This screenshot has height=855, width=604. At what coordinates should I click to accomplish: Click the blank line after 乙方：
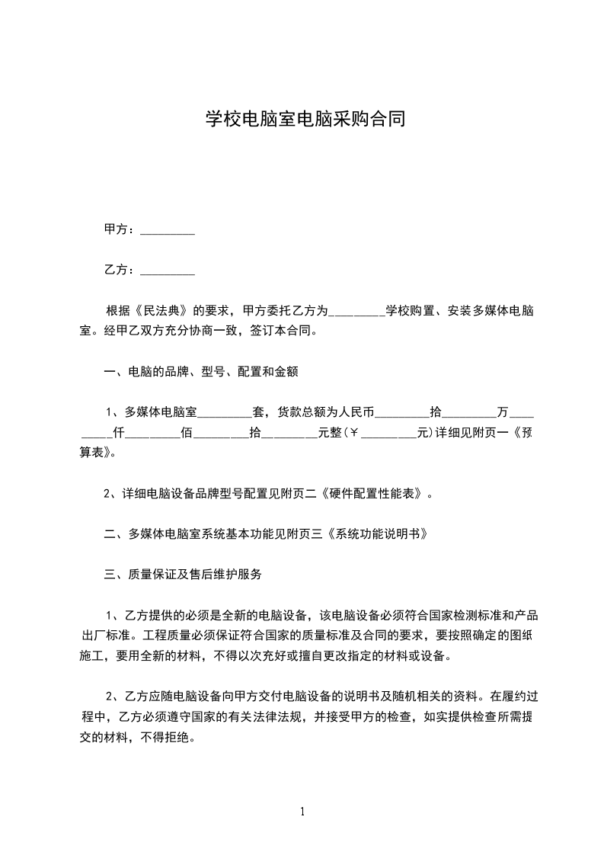[x=168, y=270]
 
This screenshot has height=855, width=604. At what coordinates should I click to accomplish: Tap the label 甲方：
[x=120, y=229]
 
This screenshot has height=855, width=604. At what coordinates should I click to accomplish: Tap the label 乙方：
[x=120, y=270]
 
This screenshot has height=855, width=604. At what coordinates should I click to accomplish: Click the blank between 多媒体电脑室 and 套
[x=225, y=413]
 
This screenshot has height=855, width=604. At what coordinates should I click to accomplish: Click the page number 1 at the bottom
[x=302, y=812]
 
